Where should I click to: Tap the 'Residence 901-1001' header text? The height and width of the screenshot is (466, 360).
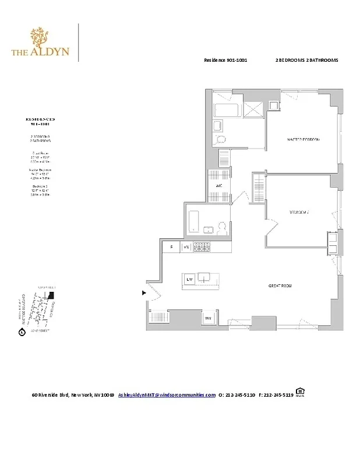(x=221, y=61)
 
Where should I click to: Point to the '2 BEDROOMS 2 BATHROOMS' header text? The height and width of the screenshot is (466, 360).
(x=306, y=61)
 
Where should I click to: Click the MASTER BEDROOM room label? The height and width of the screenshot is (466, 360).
(x=303, y=140)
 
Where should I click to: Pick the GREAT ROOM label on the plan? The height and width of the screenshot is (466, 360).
(x=280, y=285)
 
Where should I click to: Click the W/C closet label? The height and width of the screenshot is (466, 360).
(x=219, y=186)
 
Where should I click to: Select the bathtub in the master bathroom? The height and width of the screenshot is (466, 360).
(x=223, y=111)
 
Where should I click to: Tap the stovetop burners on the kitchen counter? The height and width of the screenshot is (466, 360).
(x=202, y=247)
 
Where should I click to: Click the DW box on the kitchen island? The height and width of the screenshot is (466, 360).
(x=189, y=280)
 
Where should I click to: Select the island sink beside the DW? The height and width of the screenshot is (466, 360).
(x=203, y=278)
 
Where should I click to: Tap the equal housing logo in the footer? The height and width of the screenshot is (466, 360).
(x=300, y=392)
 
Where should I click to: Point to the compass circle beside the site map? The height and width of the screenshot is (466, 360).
(x=22, y=333)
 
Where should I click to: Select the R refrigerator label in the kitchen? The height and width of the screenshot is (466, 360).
(x=171, y=247)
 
